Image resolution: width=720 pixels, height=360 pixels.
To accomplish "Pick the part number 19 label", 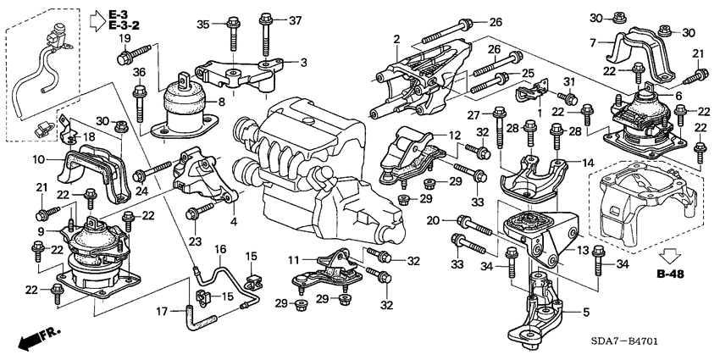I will (x=125, y=39).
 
